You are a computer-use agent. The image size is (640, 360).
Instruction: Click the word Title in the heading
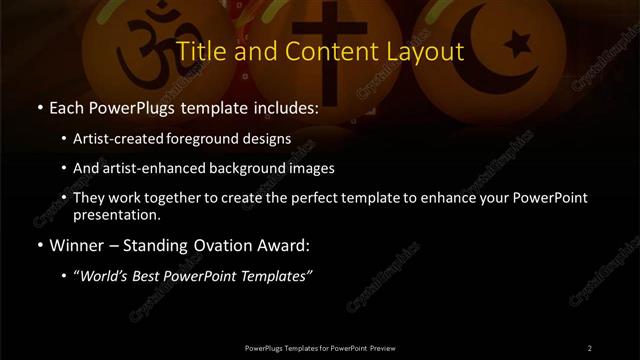click(x=200, y=51)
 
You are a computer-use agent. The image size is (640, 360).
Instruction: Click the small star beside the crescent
click(x=517, y=44)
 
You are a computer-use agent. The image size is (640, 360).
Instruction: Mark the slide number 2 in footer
click(x=590, y=347)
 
